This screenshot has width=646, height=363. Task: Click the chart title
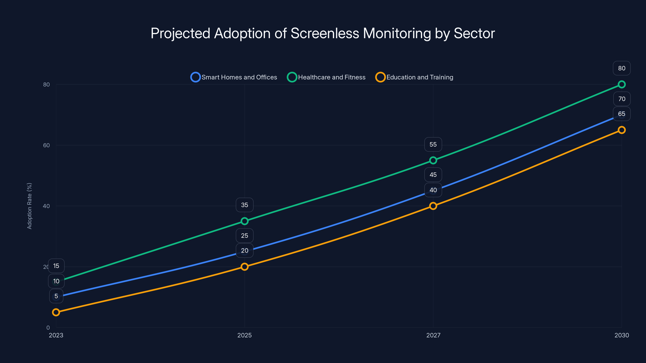coord(323,33)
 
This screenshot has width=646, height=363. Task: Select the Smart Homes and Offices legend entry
coord(234,77)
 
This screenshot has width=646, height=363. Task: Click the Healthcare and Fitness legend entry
coord(326,77)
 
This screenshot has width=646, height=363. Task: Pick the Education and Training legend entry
coord(414,77)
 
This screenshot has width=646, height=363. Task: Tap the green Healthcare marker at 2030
coord(621,84)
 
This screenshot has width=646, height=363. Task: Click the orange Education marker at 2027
coord(433,206)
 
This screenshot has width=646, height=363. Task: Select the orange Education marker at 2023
coord(56,312)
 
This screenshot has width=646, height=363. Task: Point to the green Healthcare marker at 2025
coord(244,221)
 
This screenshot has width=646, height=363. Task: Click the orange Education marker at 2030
coord(621,130)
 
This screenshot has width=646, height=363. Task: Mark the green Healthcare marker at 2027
coord(433,160)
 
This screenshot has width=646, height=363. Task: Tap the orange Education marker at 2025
coord(244,267)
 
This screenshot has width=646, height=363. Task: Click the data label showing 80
coord(621,68)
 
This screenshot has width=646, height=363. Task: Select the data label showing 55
coord(433,144)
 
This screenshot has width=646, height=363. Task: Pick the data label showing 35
coord(244,205)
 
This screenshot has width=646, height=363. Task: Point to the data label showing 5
coord(56,296)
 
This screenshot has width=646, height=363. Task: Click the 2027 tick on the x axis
coord(433,335)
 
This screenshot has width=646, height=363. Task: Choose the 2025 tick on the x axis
coord(244,335)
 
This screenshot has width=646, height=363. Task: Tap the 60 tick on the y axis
coord(46,145)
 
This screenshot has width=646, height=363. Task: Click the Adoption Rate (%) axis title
coord(29,206)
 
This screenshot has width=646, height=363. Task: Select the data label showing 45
coord(433,175)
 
